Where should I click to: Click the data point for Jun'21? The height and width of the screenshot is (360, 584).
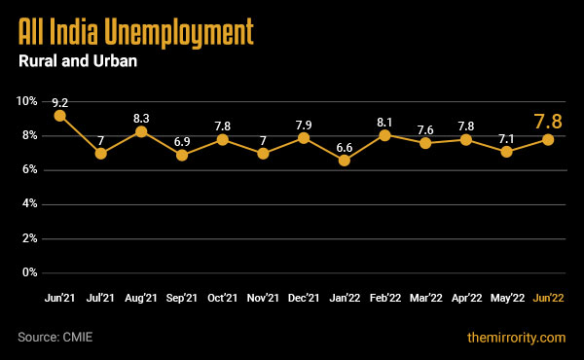pos(59,116)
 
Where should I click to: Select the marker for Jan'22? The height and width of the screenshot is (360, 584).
pos(345,160)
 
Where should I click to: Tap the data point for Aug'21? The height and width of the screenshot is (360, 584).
pos(141,131)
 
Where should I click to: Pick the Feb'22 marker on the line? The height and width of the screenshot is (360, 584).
pos(385,134)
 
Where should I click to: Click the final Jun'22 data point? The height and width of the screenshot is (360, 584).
pos(549,139)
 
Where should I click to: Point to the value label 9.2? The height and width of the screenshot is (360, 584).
pos(59,101)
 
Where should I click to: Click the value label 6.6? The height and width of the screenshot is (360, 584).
pos(345,146)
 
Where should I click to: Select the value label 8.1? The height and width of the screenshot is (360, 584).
pos(385,121)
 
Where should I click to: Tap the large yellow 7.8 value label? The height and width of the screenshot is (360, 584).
pos(548,122)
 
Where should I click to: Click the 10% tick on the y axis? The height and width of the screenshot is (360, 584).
pos(26,101)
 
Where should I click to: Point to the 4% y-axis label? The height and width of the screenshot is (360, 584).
pos(29,204)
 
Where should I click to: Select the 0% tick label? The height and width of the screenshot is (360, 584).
pos(29,272)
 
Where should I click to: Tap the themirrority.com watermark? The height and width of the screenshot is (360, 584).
pos(516,338)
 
